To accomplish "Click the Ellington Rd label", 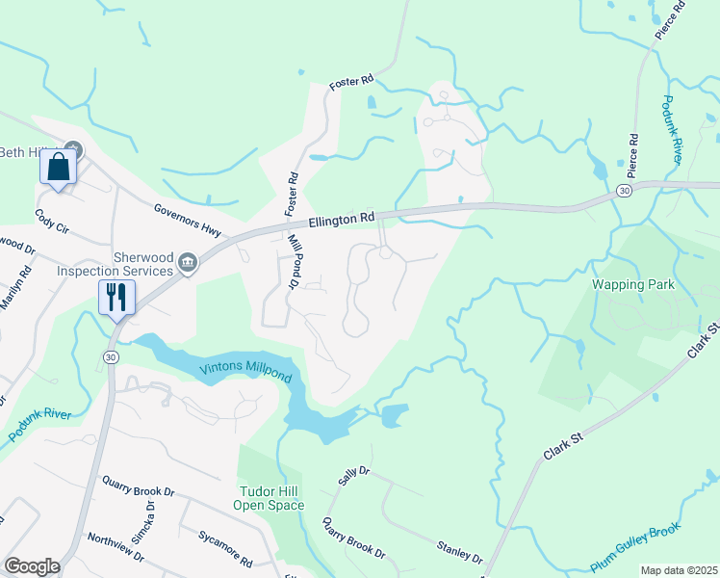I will [341, 221].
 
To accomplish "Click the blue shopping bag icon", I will [59, 168].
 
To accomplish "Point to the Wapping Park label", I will [632, 285].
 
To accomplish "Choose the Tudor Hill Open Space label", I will [271, 498].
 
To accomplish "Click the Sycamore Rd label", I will [225, 547].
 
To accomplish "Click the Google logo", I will [32, 565].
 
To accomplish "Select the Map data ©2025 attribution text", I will [678, 570].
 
